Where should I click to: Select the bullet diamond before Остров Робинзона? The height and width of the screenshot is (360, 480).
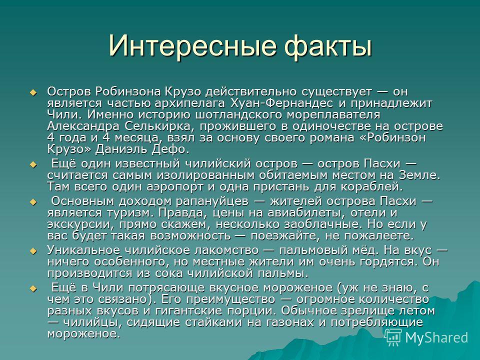[x=33, y=92]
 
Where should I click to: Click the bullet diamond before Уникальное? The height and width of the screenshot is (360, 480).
[x=33, y=251]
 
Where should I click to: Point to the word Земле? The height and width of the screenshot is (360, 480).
[x=419, y=175]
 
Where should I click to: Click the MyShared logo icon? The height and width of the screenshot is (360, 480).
[x=393, y=337]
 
